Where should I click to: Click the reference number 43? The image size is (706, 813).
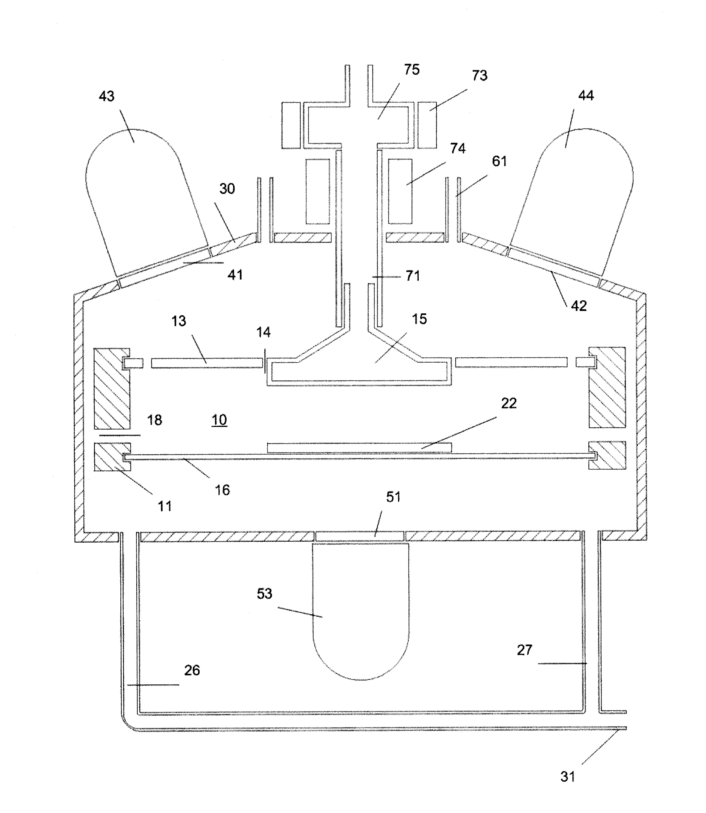pyautogui.click(x=106, y=96)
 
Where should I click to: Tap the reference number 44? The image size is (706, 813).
pyautogui.click(x=586, y=96)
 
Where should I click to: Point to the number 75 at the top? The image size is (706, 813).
pyautogui.click(x=412, y=69)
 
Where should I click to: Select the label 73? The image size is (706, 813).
pyautogui.click(x=479, y=75)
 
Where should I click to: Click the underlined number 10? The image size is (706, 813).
pyautogui.click(x=219, y=420)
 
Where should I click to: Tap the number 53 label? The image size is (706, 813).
pyautogui.click(x=264, y=594)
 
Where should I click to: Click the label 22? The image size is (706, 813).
pyautogui.click(x=508, y=403)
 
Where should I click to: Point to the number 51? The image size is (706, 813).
pyautogui.click(x=393, y=497)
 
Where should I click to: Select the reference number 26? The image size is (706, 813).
pyautogui.click(x=192, y=670)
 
